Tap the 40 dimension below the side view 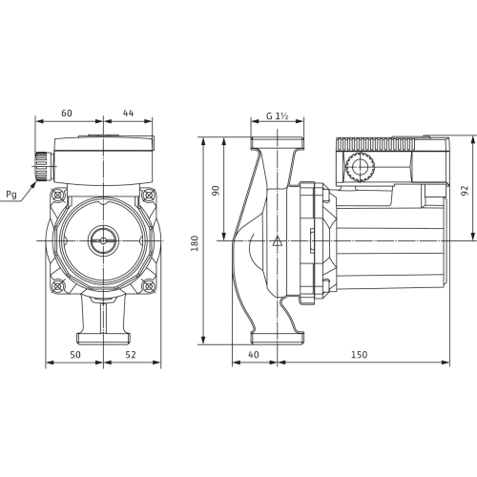(x=253, y=355)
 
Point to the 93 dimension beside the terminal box (x=465, y=190)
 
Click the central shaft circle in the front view (x=99, y=238)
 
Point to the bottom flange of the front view (x=99, y=335)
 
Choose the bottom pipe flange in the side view (x=277, y=335)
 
